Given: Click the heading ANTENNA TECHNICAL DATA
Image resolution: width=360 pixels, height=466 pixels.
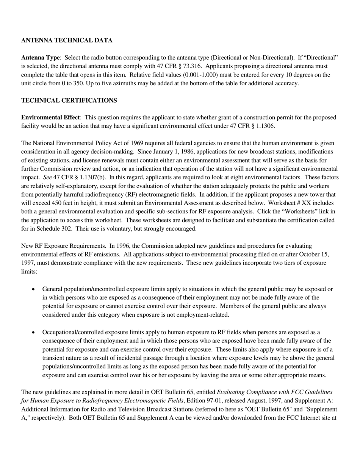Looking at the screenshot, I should click(x=67, y=41).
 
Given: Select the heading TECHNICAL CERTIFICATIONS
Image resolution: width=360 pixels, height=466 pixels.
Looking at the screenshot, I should click(x=69, y=100).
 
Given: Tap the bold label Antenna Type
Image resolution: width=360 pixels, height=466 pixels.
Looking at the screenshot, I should click(x=40, y=58).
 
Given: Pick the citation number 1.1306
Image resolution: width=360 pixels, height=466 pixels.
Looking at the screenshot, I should click(x=264, y=126).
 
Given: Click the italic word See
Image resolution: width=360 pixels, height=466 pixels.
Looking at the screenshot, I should click(x=47, y=177).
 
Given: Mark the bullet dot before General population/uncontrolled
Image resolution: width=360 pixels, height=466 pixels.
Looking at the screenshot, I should click(x=33, y=289).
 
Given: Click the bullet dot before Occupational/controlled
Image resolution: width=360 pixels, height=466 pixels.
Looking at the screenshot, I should click(x=33, y=332).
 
